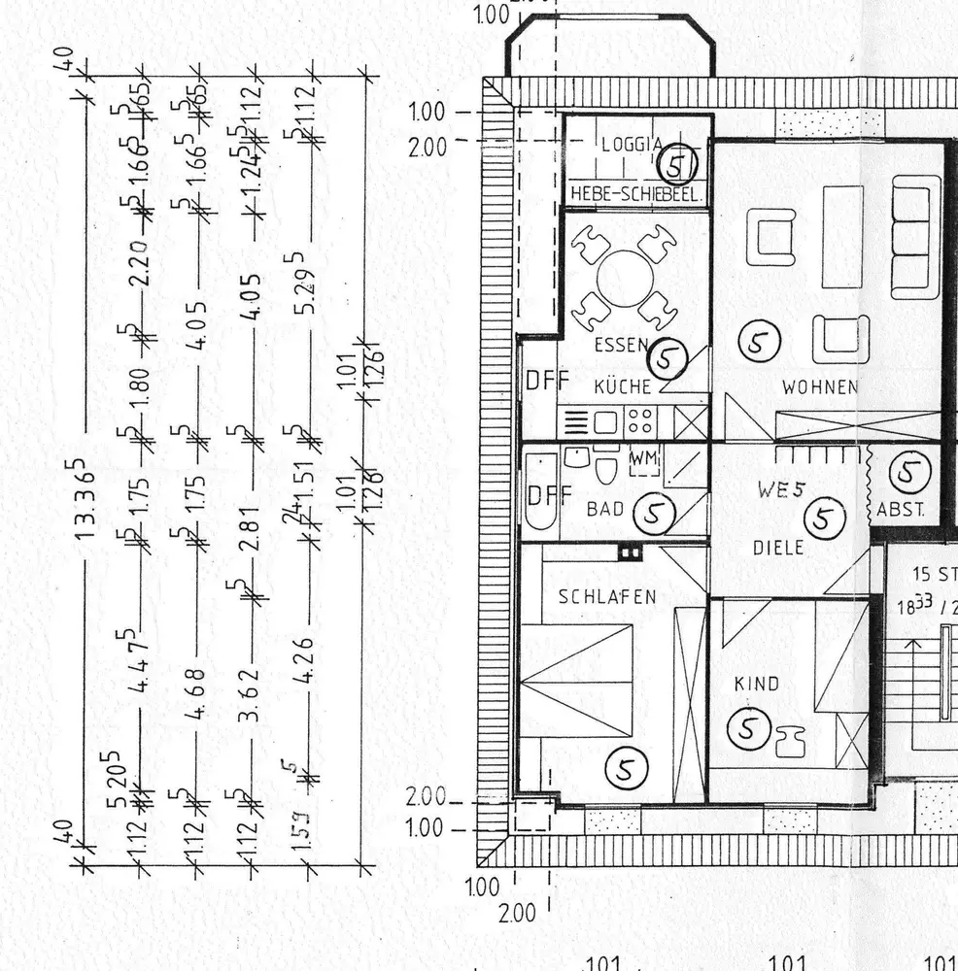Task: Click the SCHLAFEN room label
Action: tap(607, 597)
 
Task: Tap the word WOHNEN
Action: tap(820, 387)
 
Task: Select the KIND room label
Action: tap(756, 684)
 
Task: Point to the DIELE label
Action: tap(778, 548)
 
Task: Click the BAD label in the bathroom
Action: tap(605, 508)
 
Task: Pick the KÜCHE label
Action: tap(622, 386)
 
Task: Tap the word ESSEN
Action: tap(621, 345)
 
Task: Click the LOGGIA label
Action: tap(632, 145)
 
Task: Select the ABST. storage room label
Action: tap(901, 509)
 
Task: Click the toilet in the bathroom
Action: tap(605, 469)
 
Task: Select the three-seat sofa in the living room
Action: tap(916, 237)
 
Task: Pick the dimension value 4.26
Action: tap(303, 660)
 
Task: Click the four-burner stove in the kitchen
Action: tap(640, 421)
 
